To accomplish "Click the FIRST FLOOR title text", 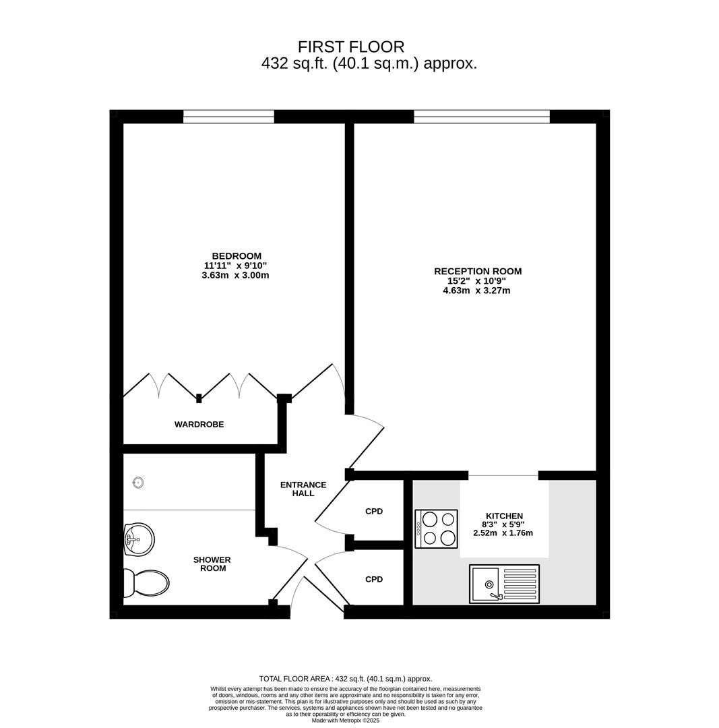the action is (351, 47).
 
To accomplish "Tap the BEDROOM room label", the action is (237, 256).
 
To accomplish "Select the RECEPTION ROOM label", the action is (478, 271).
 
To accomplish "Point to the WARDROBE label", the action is (199, 425).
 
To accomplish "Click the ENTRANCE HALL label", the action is (303, 489).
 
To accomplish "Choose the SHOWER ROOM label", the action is (213, 564).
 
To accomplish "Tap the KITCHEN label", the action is (504, 516).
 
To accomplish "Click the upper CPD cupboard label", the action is (374, 511).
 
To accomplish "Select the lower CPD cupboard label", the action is (374, 580).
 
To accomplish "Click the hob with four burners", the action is (437, 529).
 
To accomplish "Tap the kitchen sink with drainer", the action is (504, 584).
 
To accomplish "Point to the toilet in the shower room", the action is (146, 584).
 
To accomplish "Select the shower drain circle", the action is (138, 483).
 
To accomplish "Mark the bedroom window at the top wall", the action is (229, 117).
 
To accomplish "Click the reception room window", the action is (482, 117).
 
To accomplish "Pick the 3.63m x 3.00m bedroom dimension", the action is (235, 275).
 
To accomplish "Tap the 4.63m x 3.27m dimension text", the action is (476, 291).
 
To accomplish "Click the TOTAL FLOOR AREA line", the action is (345, 679).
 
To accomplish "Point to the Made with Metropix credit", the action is (345, 721).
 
